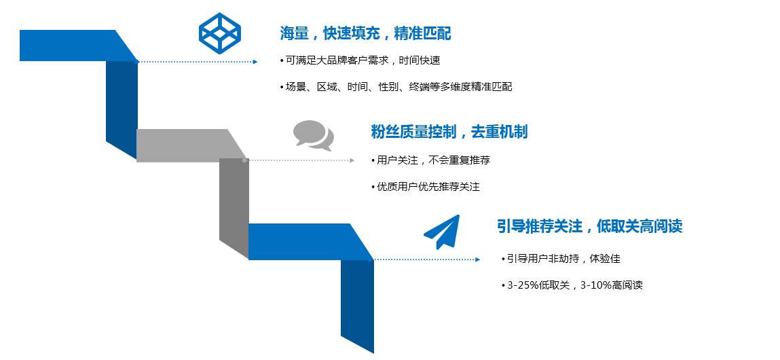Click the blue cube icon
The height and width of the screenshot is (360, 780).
coord(220,33)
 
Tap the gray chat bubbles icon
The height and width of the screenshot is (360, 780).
coord(314,135)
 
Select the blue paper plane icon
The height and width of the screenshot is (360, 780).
coord(442,232)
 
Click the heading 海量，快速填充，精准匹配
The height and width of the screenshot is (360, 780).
coord(365,33)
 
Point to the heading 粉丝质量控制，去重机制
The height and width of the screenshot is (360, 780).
coord(449,132)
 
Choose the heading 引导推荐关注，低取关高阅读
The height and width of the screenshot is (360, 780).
coord(589,227)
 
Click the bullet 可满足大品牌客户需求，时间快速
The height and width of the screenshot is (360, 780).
coord(360,60)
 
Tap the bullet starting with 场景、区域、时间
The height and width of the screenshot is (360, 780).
coord(396,87)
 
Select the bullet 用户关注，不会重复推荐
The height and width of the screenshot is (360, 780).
coord(431,160)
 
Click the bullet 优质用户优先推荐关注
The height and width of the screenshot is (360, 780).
coord(426,187)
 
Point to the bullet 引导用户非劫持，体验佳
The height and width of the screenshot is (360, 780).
coord(561,259)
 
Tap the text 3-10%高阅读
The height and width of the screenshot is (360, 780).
coord(612,285)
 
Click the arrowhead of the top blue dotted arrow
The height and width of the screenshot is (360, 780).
coord(255,62)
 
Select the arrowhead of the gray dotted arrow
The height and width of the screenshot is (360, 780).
coord(352,160)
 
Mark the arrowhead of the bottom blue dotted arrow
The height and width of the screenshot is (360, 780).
coord(477,259)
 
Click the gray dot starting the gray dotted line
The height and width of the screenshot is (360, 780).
coord(244,160)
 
